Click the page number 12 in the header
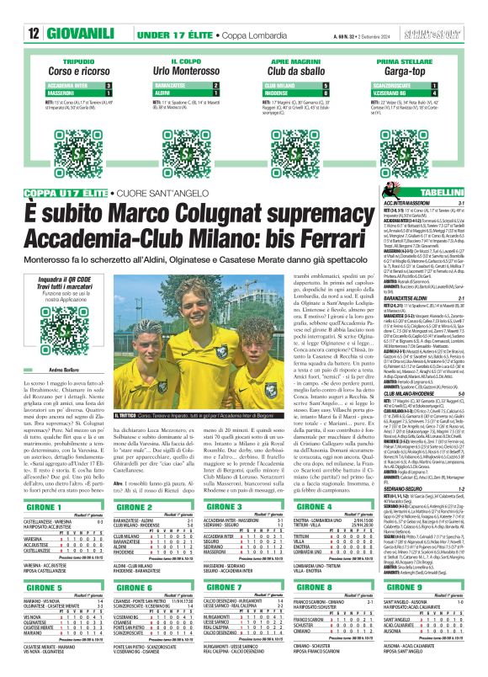(x=11, y=12)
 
